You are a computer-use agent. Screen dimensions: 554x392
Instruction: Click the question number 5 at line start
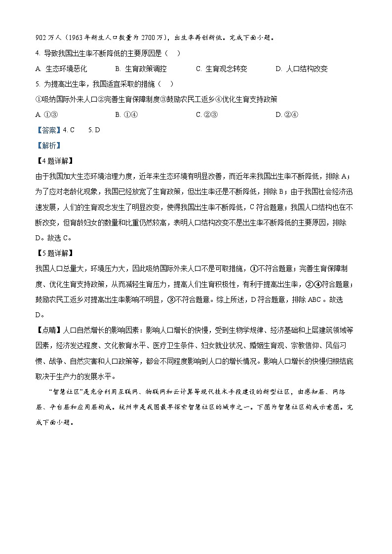coord(38,84)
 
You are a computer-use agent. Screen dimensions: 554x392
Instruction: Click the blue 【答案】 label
coord(48,130)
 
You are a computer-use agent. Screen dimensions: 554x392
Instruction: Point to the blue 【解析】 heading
coord(48,145)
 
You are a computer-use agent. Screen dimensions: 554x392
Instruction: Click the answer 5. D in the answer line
coord(94,130)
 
